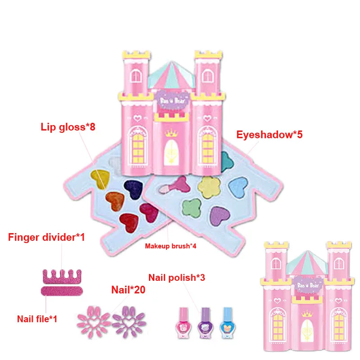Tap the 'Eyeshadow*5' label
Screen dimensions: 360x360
(270, 134)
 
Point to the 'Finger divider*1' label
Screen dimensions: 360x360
(46, 237)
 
